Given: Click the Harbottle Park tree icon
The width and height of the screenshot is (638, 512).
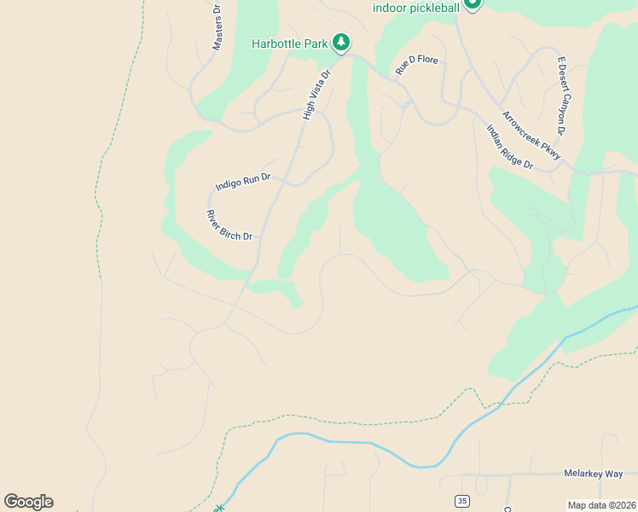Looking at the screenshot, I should (341, 42).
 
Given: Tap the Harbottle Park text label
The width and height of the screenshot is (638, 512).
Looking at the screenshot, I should (291, 44).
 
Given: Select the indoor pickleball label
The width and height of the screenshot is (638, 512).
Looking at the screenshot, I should (416, 8).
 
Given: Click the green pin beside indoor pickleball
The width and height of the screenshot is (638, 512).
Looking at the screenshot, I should (472, 4).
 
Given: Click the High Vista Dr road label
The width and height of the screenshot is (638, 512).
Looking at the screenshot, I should (316, 95).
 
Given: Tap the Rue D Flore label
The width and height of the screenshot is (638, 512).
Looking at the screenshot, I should (416, 64).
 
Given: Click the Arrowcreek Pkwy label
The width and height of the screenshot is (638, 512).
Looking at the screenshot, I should (531, 136).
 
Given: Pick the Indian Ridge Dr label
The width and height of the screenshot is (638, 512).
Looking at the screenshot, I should (509, 147).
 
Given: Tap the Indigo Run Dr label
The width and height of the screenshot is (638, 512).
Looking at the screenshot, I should (243, 182).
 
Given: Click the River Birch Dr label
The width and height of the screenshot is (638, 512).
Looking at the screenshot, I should (229, 225).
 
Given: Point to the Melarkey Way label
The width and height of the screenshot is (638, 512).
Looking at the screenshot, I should (594, 473).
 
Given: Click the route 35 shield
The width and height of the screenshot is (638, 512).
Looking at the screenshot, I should (462, 500).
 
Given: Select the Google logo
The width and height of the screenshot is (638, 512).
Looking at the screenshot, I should (28, 502).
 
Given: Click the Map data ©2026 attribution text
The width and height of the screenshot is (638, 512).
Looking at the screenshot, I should (600, 505).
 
